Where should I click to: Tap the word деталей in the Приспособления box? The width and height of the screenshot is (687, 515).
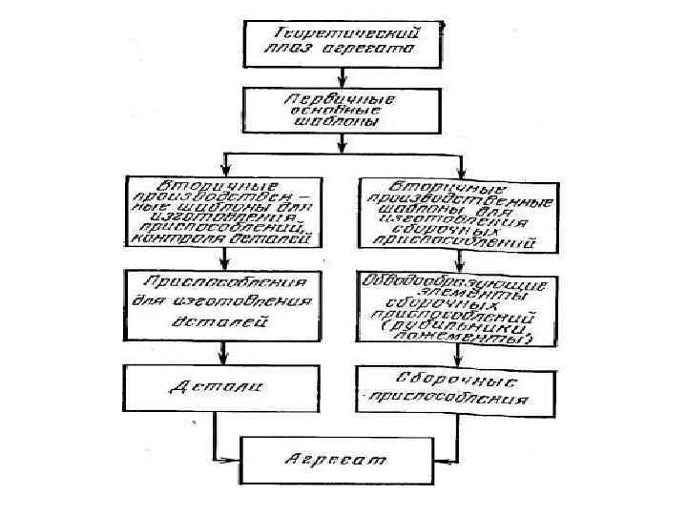tap(222, 322)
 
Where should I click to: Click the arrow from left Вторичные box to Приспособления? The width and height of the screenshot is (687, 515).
tap(221, 260)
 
